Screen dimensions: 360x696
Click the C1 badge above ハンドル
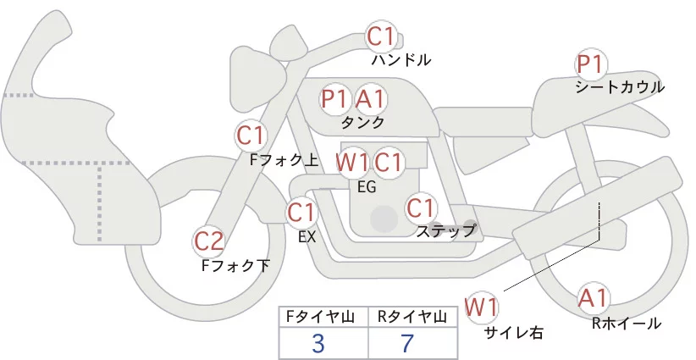click(x=381, y=36)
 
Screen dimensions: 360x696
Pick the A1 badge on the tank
click(x=370, y=99)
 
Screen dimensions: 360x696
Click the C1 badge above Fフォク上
click(x=251, y=135)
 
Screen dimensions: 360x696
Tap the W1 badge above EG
click(x=352, y=162)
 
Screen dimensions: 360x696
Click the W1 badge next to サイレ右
click(x=483, y=306)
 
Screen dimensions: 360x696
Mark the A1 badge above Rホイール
click(x=593, y=298)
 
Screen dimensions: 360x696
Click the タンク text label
click(x=362, y=122)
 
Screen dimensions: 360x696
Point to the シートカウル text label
click(x=619, y=87)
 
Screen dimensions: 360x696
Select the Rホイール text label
click(x=627, y=323)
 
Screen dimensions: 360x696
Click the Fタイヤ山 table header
click(x=323, y=317)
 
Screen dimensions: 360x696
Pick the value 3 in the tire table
click(x=319, y=343)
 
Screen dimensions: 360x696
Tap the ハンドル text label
click(x=401, y=60)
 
